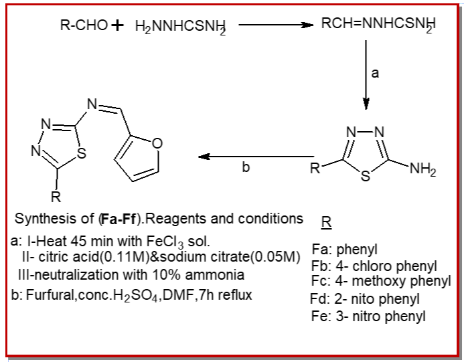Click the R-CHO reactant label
(x=84, y=25)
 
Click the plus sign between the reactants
(x=117, y=25)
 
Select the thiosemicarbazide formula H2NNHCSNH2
(x=181, y=27)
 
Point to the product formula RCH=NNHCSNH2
(x=378, y=24)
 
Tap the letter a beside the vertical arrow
(x=375, y=73)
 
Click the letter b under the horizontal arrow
(x=246, y=167)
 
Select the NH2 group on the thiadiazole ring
(x=423, y=170)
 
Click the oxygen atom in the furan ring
(x=157, y=143)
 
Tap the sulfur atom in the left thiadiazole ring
(x=82, y=153)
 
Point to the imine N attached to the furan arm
(x=92, y=104)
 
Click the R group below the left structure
(x=56, y=196)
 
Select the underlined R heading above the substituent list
(x=326, y=222)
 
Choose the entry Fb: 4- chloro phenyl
(x=374, y=266)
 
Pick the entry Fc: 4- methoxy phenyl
(x=381, y=281)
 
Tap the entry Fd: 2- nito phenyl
(x=365, y=299)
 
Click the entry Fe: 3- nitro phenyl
(x=368, y=316)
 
